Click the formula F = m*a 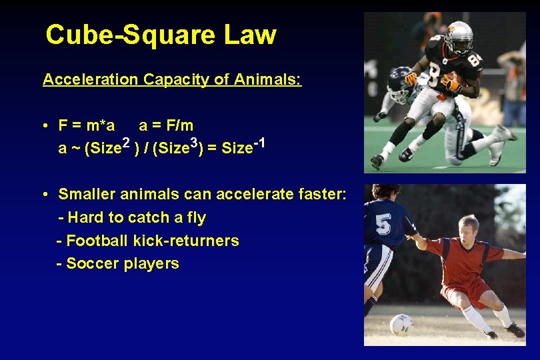pos(87,125)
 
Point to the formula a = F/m pos(166,125)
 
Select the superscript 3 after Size pos(194,142)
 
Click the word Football pos(97,241)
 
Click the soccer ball pos(401,325)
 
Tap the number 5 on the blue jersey pos(383,225)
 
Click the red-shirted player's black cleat pos(515,330)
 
